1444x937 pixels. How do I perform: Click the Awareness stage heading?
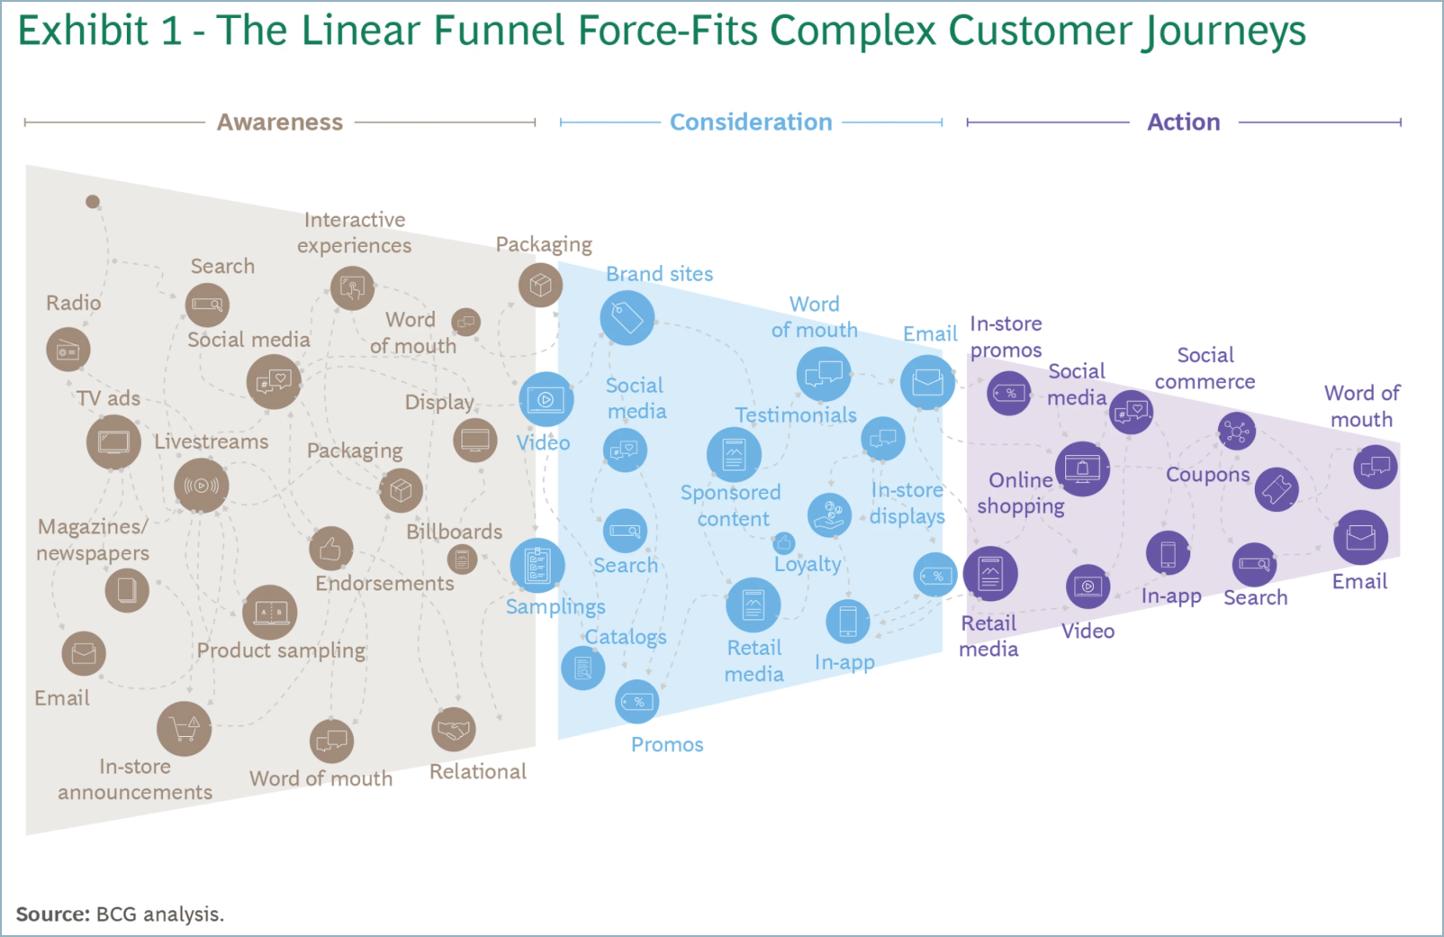click(279, 122)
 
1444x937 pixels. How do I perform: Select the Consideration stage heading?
click(751, 122)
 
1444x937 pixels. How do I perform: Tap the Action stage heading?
click(1183, 122)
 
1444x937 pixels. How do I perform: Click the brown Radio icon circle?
click(68, 350)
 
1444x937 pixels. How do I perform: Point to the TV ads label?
click(108, 398)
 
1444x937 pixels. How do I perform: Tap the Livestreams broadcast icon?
click(201, 486)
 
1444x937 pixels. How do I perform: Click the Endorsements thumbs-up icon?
click(330, 548)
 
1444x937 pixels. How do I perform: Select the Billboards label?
click(454, 532)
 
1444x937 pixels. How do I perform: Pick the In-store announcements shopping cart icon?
click(184, 728)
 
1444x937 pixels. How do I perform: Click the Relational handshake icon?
click(453, 729)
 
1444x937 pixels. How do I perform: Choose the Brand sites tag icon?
click(627, 317)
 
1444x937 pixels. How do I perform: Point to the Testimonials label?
click(796, 415)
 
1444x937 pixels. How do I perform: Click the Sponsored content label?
click(730, 505)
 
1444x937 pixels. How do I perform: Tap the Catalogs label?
click(626, 637)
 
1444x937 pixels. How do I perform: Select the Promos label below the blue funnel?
click(667, 744)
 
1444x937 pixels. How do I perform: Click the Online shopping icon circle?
click(1082, 468)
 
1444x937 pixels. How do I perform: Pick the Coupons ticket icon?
click(1277, 489)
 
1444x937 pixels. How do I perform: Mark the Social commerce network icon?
click(1236, 432)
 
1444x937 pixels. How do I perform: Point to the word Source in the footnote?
click(52, 914)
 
